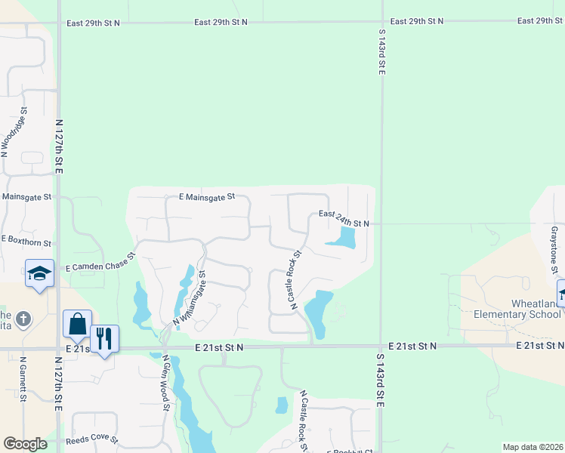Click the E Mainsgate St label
[x=207, y=196]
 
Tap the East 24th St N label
[x=344, y=219]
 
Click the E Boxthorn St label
[x=26, y=241]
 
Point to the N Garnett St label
[x=23, y=379]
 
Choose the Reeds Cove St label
[x=91, y=439]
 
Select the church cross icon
[x=23, y=319]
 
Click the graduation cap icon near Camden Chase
[x=39, y=273]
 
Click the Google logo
[x=25, y=443]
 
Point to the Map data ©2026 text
[x=532, y=447]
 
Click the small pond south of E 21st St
[x=282, y=405]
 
